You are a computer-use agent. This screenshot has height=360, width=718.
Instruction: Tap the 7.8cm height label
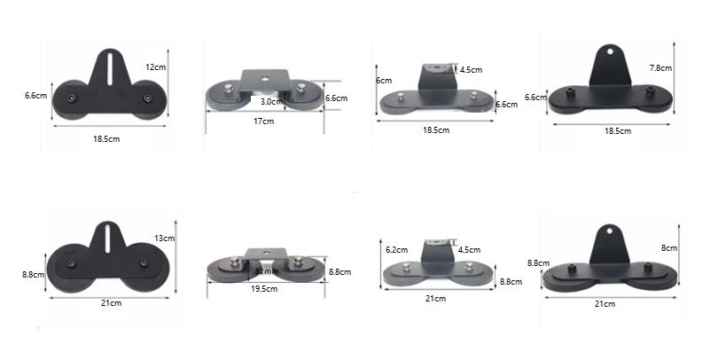[x=661, y=67]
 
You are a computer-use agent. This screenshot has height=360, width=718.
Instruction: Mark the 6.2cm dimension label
[x=396, y=250]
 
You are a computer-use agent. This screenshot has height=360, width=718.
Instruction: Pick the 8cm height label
[x=669, y=248]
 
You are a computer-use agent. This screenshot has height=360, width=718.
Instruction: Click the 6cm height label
[x=383, y=80]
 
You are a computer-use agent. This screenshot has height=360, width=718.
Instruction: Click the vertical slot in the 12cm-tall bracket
[x=108, y=72]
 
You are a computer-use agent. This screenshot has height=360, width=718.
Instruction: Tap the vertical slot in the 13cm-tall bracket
[x=108, y=244]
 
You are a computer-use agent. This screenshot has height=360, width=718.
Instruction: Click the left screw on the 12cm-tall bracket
[x=70, y=95]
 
